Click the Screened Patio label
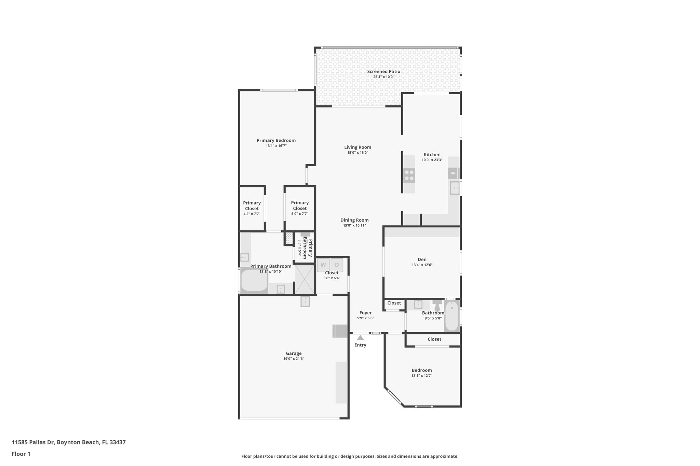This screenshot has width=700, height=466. (x=383, y=72)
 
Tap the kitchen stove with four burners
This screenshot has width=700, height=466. (x=409, y=175)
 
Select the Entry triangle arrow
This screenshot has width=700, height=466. (x=360, y=338)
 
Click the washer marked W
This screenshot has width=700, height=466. (x=323, y=265)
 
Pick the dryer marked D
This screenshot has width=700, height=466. (x=337, y=265)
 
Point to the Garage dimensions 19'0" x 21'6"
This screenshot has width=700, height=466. (x=294, y=359)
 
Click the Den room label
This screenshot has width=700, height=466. (x=422, y=259)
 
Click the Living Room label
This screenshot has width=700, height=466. (x=358, y=147)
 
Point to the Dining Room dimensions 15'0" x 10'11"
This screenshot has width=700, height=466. (x=354, y=225)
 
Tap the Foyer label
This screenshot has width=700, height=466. (x=365, y=313)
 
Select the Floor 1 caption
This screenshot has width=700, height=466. (x=21, y=454)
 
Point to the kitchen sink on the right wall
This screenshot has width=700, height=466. (x=455, y=188)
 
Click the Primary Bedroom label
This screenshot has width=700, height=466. (x=276, y=140)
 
